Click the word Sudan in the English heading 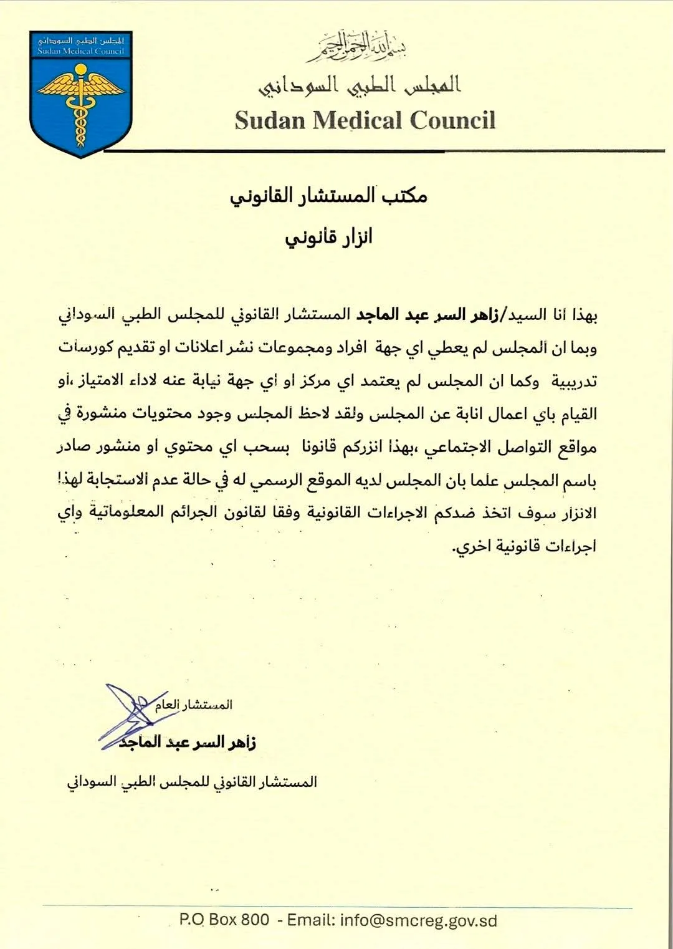pos(269,120)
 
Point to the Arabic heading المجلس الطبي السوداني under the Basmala pos(360,85)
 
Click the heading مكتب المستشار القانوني pos(328,196)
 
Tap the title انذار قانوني pos(328,238)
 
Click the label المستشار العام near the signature pos(194,705)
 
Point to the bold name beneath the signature pos(188,743)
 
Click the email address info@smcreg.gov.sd pos(419,920)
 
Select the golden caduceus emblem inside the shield pos(80,103)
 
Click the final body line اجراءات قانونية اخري pos(524,547)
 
